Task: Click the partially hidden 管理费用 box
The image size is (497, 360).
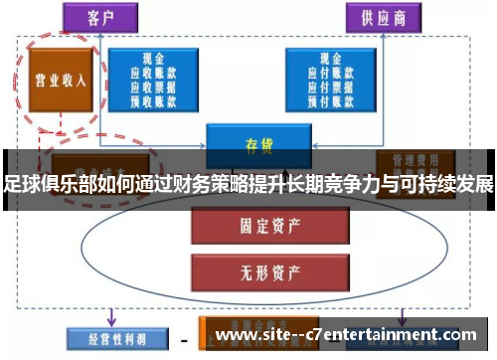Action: [411, 159]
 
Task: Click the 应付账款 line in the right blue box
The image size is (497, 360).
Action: [332, 74]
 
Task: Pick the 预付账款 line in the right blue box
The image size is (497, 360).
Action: [332, 98]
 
